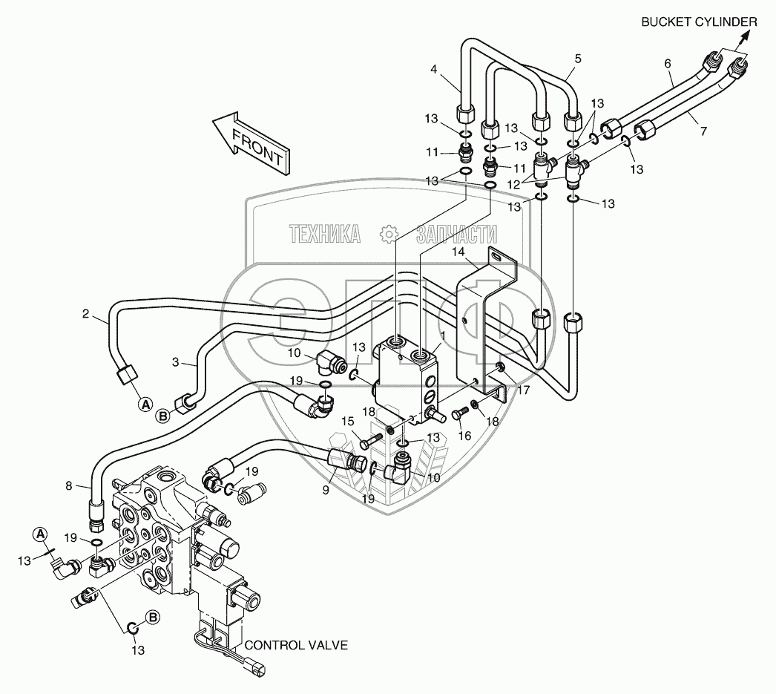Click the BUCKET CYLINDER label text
[699, 23]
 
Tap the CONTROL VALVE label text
[296, 645]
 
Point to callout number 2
[86, 314]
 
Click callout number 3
[176, 362]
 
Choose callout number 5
[577, 58]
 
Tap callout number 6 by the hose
[668, 64]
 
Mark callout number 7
[703, 131]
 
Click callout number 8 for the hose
[69, 488]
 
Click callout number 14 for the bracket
[459, 253]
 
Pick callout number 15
[347, 422]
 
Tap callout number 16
[465, 436]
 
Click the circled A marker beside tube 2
[146, 404]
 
